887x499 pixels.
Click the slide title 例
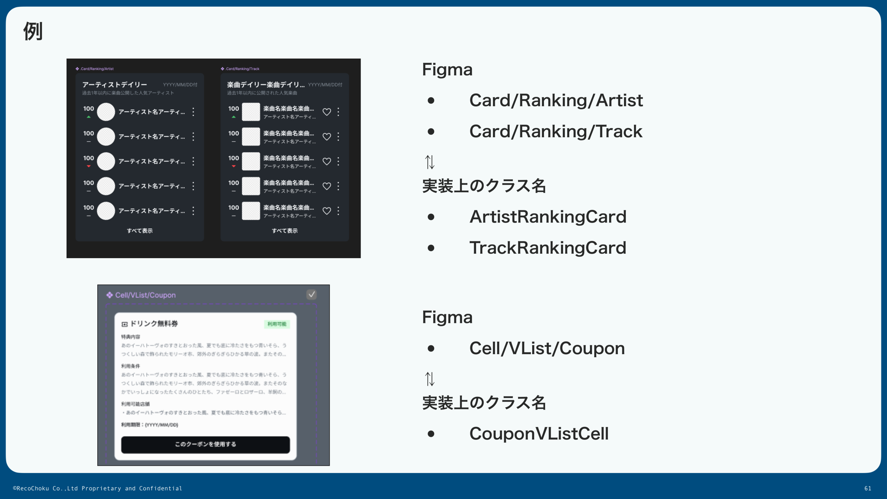click(33, 31)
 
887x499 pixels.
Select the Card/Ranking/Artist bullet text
click(556, 100)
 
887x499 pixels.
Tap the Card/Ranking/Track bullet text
click(556, 132)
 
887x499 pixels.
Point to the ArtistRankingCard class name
click(548, 217)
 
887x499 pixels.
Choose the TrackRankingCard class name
click(548, 248)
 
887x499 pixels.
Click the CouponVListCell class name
click(539, 434)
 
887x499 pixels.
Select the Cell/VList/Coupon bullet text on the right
click(547, 348)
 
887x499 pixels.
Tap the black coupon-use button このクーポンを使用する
click(205, 445)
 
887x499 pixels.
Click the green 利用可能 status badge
click(277, 324)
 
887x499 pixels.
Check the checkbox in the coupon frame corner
click(311, 295)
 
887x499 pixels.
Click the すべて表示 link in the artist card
click(140, 231)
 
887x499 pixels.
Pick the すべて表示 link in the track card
click(284, 231)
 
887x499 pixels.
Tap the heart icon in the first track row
click(327, 112)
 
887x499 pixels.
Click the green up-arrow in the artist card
click(89, 117)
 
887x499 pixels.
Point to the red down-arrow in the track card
click(234, 166)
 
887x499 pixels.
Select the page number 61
click(868, 489)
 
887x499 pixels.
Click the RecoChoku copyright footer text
click(97, 489)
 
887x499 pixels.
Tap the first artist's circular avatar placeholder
click(106, 112)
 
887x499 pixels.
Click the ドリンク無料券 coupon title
click(154, 324)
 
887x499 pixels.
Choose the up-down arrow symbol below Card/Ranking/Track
click(430, 162)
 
